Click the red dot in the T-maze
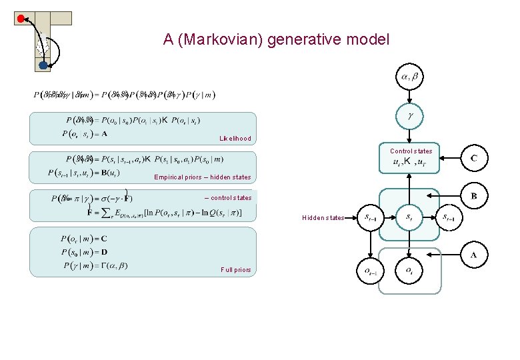click(x=21, y=18)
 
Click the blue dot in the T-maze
click(x=43, y=65)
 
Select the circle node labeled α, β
click(x=409, y=78)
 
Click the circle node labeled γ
click(x=409, y=117)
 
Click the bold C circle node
click(x=474, y=159)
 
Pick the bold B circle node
click(x=474, y=197)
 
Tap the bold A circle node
click(x=474, y=255)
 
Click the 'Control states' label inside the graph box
click(x=411, y=151)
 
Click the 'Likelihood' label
click(x=235, y=139)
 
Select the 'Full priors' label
click(x=236, y=270)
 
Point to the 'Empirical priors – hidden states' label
click(x=203, y=177)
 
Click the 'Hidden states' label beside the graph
click(x=323, y=218)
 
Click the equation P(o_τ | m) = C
click(x=84, y=239)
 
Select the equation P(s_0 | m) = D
click(x=84, y=252)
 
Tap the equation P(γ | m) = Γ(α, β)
click(x=94, y=265)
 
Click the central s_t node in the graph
click(x=408, y=217)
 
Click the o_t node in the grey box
click(x=408, y=271)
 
